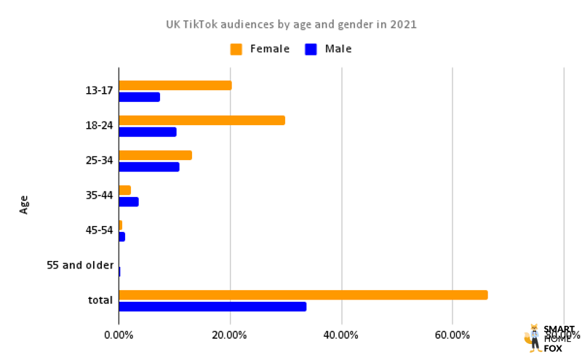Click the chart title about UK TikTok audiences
coord(291,24)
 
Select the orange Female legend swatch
coord(236,49)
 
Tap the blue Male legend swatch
coord(311,49)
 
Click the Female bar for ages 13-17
coord(175,85)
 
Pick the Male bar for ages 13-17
coord(139,97)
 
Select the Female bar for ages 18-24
coord(202,120)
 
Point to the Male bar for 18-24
coord(147,132)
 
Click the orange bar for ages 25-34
coord(155,155)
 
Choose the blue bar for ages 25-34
coord(148,167)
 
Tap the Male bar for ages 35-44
coord(128,201)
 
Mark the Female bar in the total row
coord(303,295)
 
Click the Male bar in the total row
coord(212,306)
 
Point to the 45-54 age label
coord(99,231)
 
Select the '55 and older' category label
coord(80,265)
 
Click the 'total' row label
coord(100,300)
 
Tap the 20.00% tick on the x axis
coord(230,335)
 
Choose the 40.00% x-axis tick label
coord(341,335)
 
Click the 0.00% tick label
coord(119,335)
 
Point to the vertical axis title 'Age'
coord(25,204)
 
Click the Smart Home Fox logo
coord(549,338)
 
